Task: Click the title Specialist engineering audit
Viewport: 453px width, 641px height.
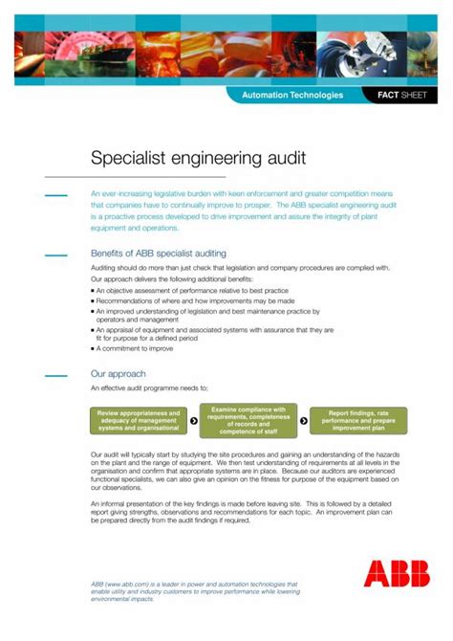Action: [x=198, y=158]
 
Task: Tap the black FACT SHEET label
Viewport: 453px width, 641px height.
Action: [x=401, y=96]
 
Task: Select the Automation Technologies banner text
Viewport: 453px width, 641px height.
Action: [x=292, y=96]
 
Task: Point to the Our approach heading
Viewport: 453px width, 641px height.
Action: [x=119, y=374]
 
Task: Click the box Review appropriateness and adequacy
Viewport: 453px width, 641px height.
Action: [x=139, y=421]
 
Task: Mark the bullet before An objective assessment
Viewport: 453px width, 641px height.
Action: [x=94, y=289]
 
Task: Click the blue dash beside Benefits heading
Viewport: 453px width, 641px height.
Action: [x=56, y=254]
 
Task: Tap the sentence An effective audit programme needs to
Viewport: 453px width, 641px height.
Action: [x=155, y=389]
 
